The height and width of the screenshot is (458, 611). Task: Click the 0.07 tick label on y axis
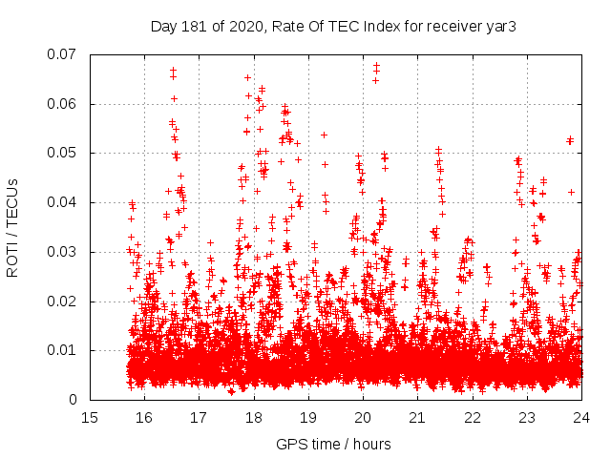pyautogui.click(x=63, y=54)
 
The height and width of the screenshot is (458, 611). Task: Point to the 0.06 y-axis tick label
pyautogui.click(x=63, y=104)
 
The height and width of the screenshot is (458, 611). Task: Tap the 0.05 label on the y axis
pyautogui.click(x=63, y=153)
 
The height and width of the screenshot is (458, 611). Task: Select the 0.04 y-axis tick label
pyautogui.click(x=63, y=202)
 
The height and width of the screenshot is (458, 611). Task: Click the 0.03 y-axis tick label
pyautogui.click(x=63, y=252)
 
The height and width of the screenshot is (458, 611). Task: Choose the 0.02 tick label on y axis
pyautogui.click(x=63, y=302)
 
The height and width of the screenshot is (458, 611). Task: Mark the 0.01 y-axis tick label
pyautogui.click(x=63, y=350)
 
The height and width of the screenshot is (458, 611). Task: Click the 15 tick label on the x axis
pyautogui.click(x=90, y=418)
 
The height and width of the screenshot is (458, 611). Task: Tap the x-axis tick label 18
pyautogui.click(x=253, y=418)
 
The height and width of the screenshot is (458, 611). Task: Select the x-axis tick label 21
pyautogui.click(x=417, y=418)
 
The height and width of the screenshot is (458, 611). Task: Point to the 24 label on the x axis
pyautogui.click(x=580, y=418)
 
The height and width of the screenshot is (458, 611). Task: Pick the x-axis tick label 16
pyautogui.click(x=144, y=418)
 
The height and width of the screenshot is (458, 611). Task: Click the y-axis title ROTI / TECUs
pyautogui.click(x=14, y=227)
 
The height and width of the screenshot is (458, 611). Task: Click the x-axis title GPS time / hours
pyautogui.click(x=333, y=444)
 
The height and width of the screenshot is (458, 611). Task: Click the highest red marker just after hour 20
pyautogui.click(x=376, y=65)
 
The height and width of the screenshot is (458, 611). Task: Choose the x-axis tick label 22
pyautogui.click(x=472, y=418)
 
